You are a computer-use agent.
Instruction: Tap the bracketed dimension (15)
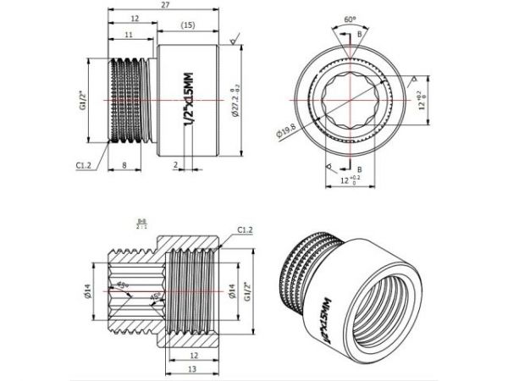pos(188,27)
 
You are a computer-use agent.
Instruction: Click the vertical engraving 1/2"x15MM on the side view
pos(189,100)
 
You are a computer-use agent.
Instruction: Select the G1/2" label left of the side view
pos(83,100)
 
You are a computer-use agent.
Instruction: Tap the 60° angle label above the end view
pos(349,17)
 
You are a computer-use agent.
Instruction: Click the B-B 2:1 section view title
pos(141,224)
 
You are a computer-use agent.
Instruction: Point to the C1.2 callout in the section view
pos(246,229)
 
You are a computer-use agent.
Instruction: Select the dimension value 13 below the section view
pos(195,370)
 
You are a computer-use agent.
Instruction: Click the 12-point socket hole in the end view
pos(349,100)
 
